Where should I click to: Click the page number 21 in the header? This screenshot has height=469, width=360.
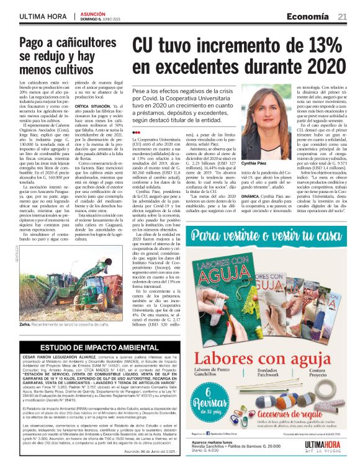coord(342,17)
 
